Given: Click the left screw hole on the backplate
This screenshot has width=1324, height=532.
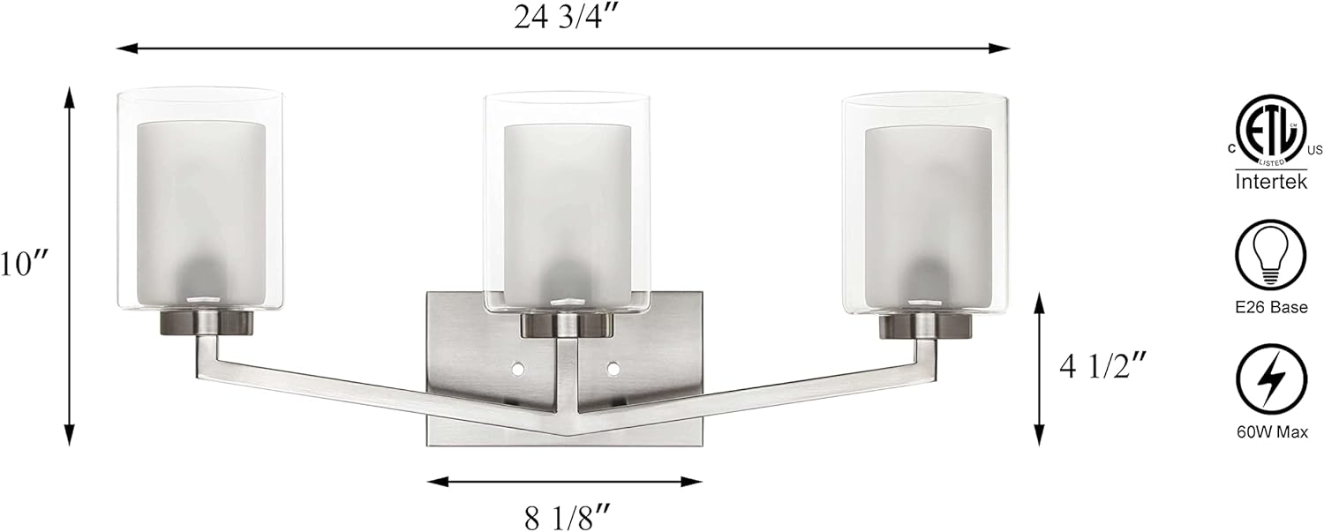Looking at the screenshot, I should point(518,365).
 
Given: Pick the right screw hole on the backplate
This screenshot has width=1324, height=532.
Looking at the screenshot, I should point(613,365).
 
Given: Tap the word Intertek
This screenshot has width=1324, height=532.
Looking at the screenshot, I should point(1271,184).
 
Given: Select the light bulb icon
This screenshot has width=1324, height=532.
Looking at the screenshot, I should point(1271,254).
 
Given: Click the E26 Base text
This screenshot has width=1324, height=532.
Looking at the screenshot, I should point(1271,307).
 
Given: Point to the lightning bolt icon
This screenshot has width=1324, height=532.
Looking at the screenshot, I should point(1271,381).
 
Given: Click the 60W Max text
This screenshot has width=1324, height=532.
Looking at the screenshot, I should point(1271,433).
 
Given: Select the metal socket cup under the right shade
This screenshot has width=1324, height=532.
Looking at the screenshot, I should point(925,326).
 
